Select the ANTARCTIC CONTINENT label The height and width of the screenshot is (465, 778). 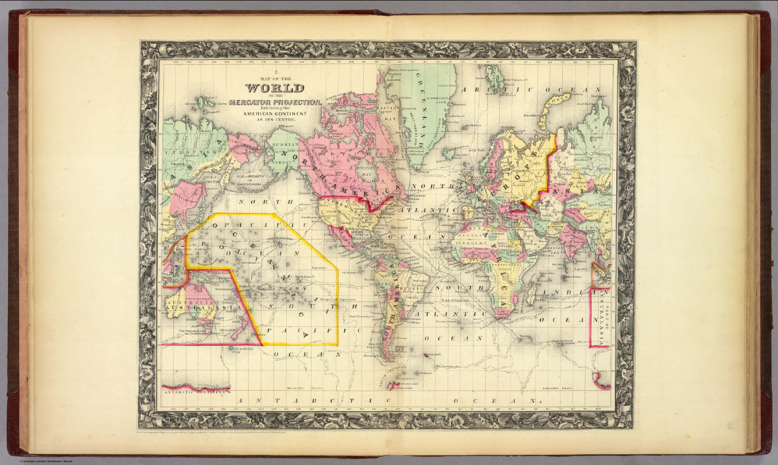(194, 391)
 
